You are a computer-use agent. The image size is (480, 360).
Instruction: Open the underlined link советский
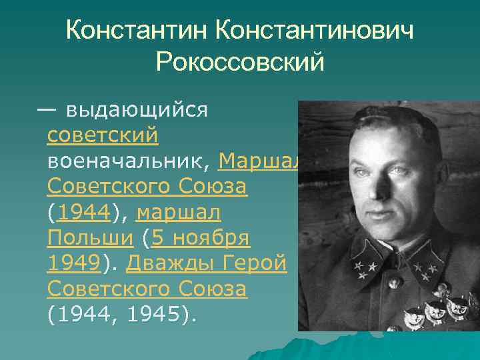coord(103,135)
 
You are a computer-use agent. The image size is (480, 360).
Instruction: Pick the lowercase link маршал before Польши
coord(179,213)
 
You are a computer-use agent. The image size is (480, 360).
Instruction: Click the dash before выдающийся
coord(47,109)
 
